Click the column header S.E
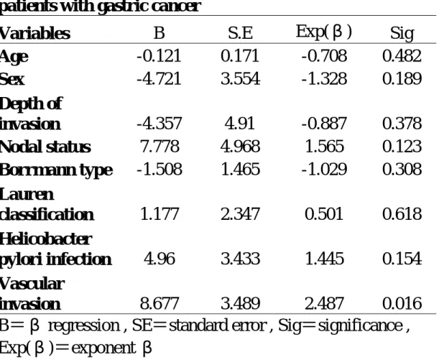click(x=241, y=33)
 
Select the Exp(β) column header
click(x=323, y=32)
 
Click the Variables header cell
click(x=34, y=33)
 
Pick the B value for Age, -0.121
click(x=159, y=56)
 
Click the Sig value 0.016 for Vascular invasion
click(x=402, y=303)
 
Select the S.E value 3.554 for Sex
click(x=241, y=78)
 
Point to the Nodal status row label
click(x=45, y=147)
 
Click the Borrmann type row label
click(x=56, y=170)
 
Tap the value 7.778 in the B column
click(x=160, y=147)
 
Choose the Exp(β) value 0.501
click(x=324, y=214)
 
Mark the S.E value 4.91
click(x=240, y=124)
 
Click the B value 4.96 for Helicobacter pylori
click(x=160, y=259)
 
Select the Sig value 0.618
click(x=402, y=214)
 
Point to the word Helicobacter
click(x=46, y=239)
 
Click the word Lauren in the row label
click(x=27, y=194)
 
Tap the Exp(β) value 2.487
click(x=324, y=303)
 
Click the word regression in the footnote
click(x=84, y=326)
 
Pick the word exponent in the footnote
click(x=103, y=349)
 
